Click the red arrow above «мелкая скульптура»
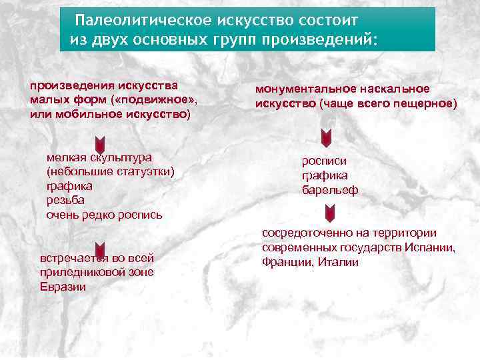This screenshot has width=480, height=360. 99,143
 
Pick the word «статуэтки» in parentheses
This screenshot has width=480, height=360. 141,172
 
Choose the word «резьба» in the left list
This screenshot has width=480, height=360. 65,200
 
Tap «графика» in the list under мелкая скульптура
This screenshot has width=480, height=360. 69,186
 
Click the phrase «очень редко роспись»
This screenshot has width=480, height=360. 104,215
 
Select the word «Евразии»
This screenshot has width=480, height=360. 63,287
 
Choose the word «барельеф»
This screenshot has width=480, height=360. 330,190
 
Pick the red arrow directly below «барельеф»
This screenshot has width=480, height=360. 329,214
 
